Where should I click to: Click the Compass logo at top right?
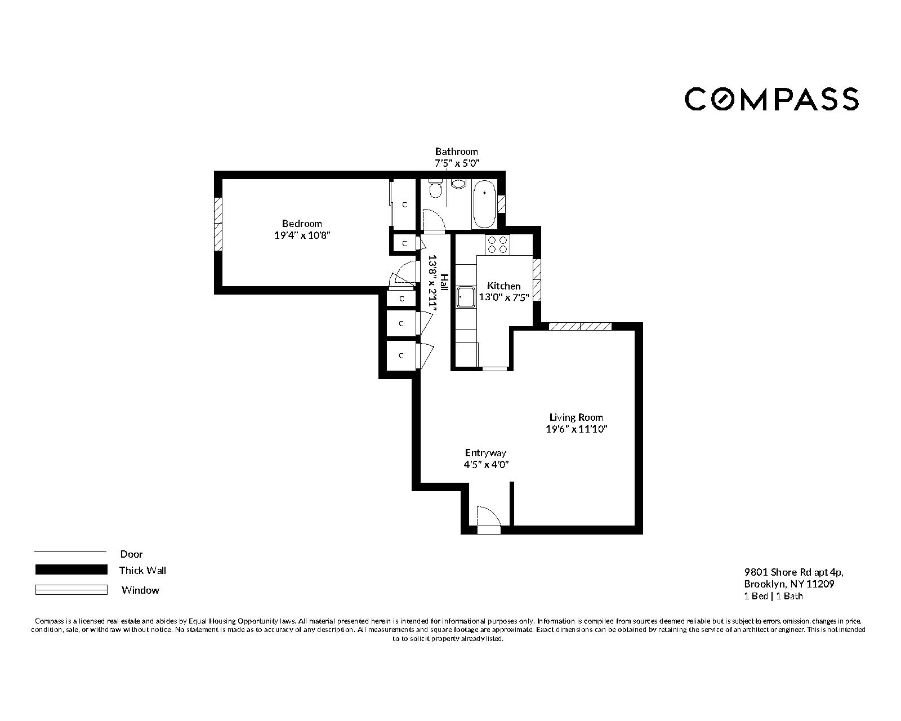point(771,99)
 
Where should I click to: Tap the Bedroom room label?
point(302,224)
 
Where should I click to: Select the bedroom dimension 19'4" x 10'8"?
point(302,235)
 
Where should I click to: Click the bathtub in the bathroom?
point(484,204)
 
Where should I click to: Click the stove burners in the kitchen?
point(497,244)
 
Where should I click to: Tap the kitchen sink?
point(466,297)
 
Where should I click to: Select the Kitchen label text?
point(503,286)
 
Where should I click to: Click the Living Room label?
point(576,417)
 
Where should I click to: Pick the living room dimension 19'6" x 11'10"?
point(576,429)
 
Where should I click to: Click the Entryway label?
point(485,453)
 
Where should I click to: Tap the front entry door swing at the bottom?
point(487,517)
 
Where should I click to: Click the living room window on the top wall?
point(580,326)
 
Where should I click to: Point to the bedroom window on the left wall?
point(217,224)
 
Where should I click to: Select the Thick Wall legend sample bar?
point(71,570)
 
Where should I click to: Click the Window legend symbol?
point(71,590)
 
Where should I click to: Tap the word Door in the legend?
point(131,554)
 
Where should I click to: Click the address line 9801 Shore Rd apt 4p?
point(793,572)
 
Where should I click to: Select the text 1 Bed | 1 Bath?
point(773,596)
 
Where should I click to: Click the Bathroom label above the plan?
point(456,151)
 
